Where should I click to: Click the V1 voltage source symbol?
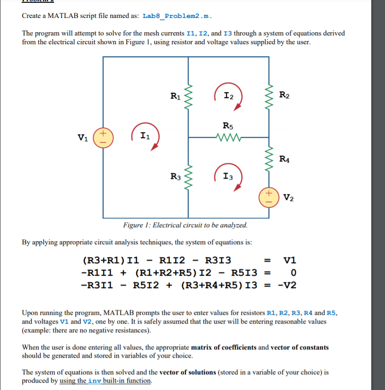click(103, 137)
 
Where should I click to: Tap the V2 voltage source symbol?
click(269, 195)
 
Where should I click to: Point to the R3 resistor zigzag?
click(188, 176)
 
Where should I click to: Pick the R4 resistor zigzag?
click(269, 159)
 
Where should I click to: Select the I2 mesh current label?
click(228, 95)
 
